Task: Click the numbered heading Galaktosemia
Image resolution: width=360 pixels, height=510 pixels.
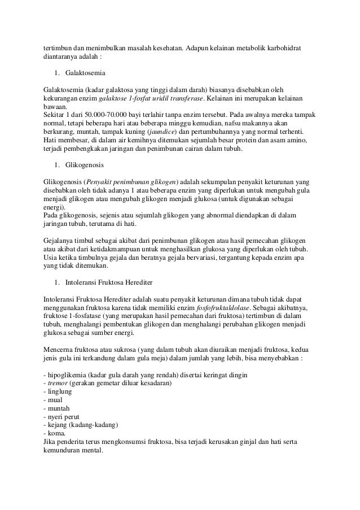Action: [x=85, y=73]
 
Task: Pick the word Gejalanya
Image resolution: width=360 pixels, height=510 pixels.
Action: [x=60, y=239]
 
